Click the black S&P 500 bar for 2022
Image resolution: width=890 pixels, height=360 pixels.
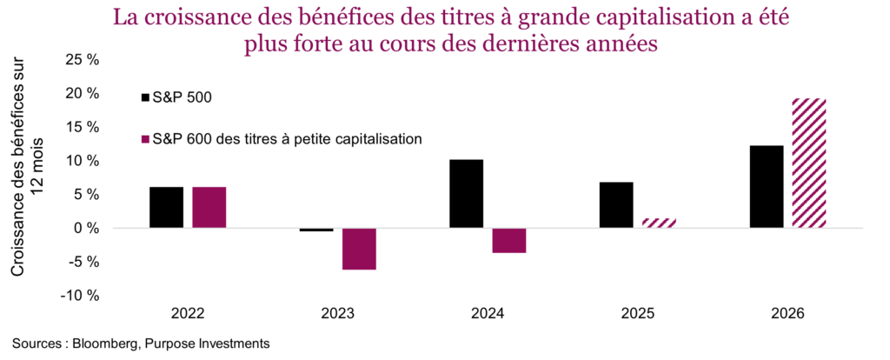click(x=166, y=207)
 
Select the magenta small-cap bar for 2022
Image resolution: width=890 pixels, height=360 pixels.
click(x=209, y=207)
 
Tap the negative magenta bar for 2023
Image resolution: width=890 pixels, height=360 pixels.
click(x=359, y=249)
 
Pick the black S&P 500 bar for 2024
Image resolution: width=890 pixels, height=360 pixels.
click(x=466, y=193)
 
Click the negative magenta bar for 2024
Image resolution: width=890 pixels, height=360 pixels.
click(x=509, y=240)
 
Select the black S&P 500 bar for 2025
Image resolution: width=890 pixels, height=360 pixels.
click(x=616, y=204)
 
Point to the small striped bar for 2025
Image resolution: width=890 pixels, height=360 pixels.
click(x=659, y=223)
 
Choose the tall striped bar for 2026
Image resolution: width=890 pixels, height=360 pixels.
click(x=809, y=163)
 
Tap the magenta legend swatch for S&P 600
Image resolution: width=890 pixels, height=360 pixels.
click(x=145, y=137)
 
